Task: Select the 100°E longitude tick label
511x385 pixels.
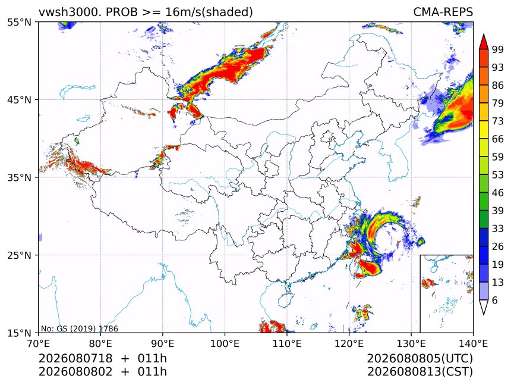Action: click(225, 343)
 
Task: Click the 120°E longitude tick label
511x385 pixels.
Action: click(349, 343)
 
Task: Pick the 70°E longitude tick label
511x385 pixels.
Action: click(39, 343)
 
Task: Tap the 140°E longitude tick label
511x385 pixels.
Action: click(473, 343)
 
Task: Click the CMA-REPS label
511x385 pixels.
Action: click(443, 12)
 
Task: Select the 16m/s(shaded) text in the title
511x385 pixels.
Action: click(209, 12)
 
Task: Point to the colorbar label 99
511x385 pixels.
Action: click(498, 49)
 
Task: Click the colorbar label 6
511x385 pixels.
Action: click(495, 300)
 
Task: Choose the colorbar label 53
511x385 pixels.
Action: click(498, 175)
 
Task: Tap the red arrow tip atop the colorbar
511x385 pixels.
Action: click(484, 35)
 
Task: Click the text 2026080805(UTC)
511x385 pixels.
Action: click(419, 358)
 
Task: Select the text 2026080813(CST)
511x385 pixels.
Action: click(419, 372)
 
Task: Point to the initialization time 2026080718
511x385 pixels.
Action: click(75, 358)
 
